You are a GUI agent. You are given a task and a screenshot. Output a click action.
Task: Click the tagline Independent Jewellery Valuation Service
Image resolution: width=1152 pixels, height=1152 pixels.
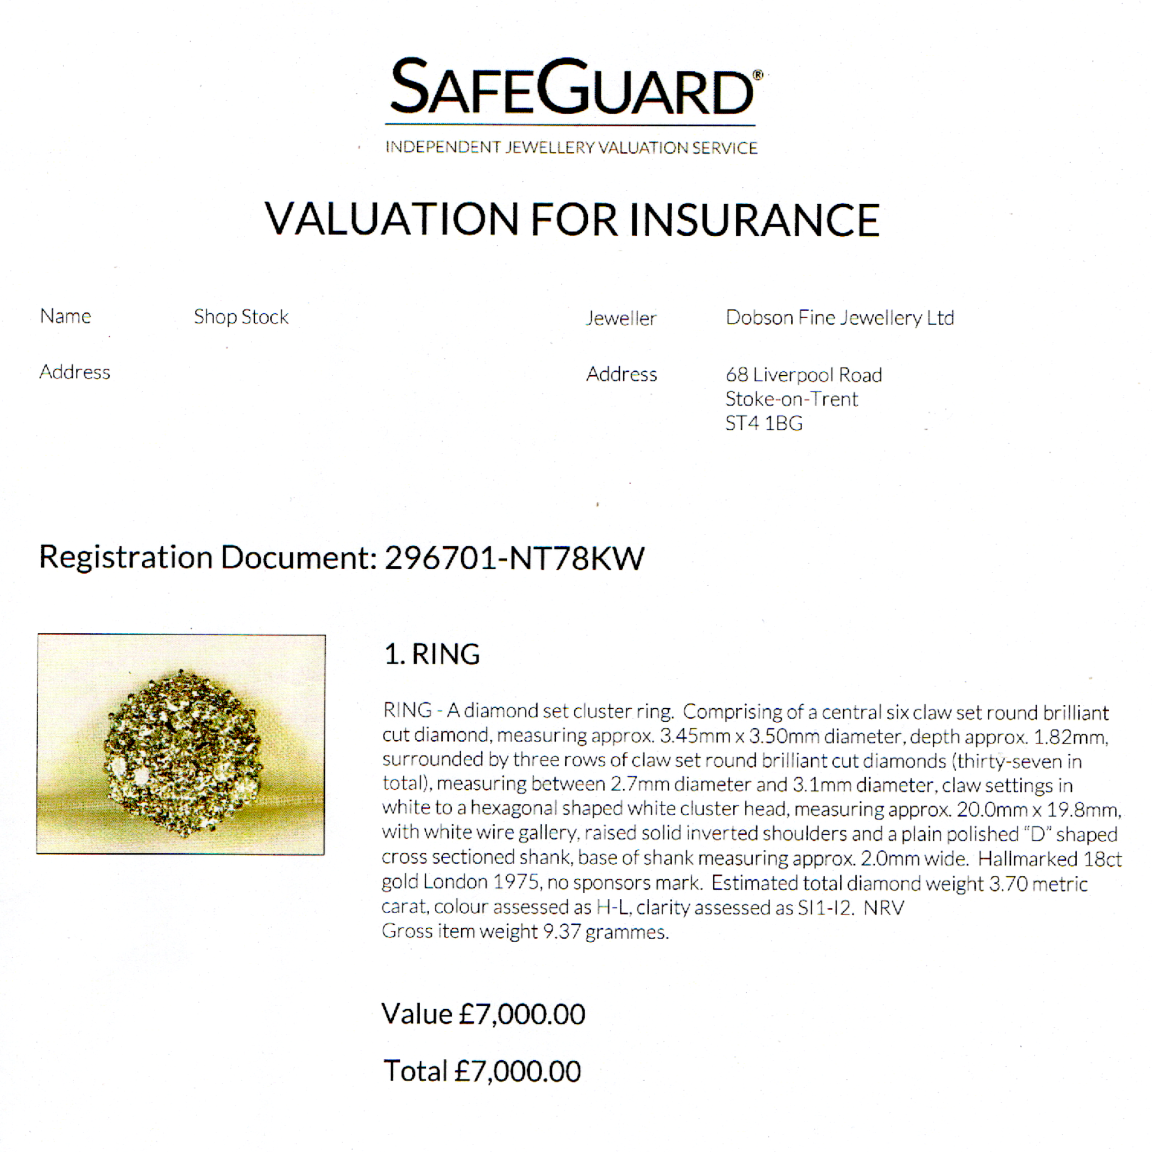pos(571,147)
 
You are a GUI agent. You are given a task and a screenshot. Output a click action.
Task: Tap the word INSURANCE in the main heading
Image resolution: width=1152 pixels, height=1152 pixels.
pos(754,219)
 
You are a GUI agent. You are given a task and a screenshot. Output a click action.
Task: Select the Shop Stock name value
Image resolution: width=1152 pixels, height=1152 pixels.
pos(241,317)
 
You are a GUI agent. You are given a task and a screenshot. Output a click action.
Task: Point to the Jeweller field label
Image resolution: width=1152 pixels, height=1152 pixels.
pos(621,318)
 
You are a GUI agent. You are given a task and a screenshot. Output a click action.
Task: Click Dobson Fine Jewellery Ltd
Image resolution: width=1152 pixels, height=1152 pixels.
pos(840,318)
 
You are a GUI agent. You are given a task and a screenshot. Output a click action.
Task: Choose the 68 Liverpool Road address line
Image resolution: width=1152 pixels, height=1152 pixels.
pos(803,375)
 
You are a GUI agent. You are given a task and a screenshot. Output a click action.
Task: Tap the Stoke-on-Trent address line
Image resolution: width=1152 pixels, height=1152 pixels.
pos(791,399)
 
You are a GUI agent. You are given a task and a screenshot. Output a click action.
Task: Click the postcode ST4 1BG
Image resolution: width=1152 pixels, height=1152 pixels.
pos(764,424)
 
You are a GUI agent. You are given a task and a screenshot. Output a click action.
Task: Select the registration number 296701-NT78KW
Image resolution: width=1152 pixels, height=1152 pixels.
pos(514,558)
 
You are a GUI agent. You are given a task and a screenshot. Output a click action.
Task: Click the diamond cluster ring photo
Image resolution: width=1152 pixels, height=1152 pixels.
pos(181,744)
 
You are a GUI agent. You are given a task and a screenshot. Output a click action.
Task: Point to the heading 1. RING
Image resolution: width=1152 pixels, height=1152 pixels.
pos(431,654)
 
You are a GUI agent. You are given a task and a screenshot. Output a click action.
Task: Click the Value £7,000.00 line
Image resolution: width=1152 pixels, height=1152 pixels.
pos(483,1014)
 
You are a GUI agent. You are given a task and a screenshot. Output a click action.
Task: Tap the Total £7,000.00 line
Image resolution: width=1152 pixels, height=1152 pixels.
pos(482,1071)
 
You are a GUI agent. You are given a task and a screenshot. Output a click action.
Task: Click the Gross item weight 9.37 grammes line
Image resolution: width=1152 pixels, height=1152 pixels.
pos(525,931)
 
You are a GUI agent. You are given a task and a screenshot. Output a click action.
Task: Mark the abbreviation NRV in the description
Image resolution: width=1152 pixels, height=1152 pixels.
pos(884,907)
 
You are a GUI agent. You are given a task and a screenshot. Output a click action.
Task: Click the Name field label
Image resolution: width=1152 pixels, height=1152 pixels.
pos(66,316)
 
